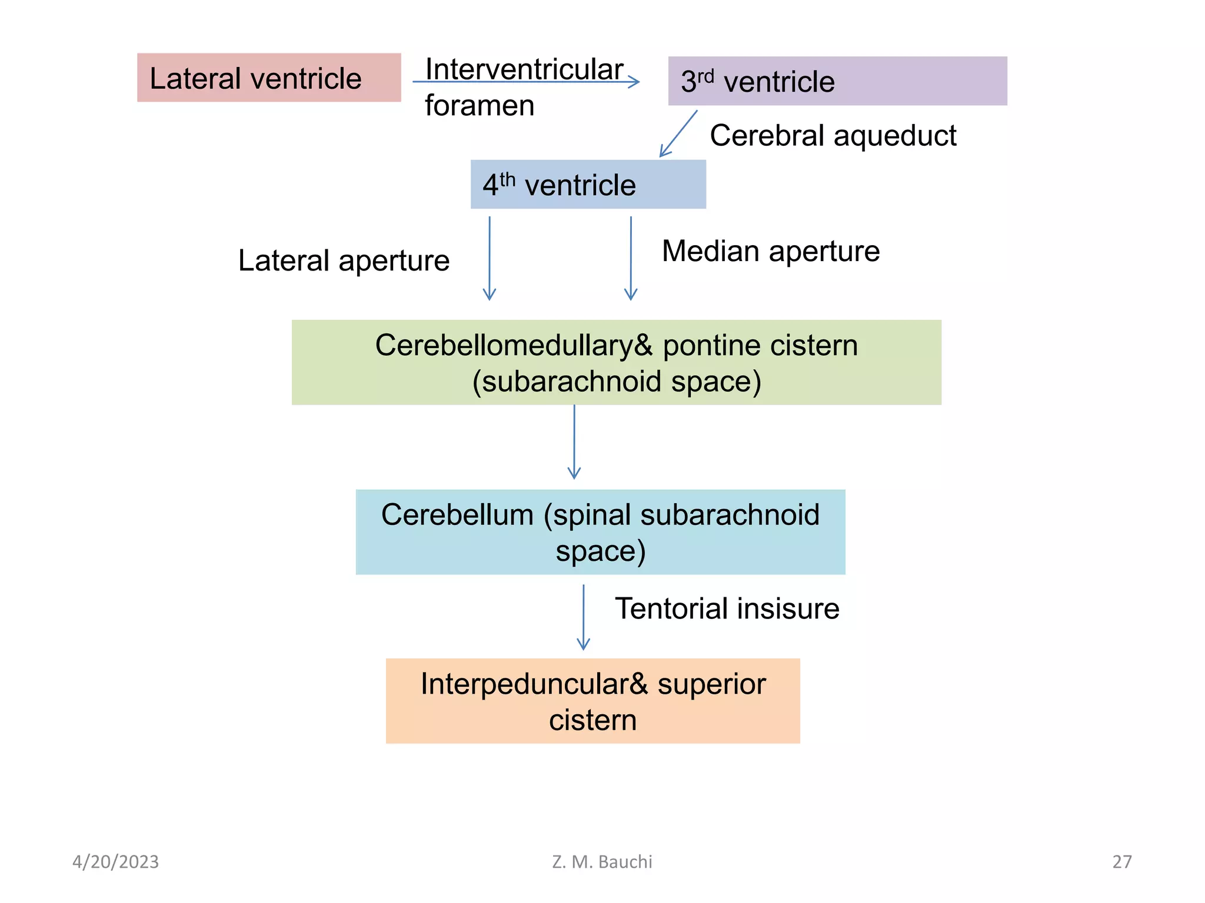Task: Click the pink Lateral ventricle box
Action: click(x=269, y=78)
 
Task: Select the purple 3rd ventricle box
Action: click(x=837, y=81)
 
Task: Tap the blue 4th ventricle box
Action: click(x=588, y=185)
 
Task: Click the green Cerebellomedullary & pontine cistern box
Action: click(x=616, y=363)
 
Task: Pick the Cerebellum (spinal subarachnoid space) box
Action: click(x=600, y=532)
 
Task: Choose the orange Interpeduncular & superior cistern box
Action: click(x=592, y=701)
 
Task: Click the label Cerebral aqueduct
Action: click(x=833, y=136)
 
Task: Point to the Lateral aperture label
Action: click(x=344, y=260)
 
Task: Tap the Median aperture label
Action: click(x=770, y=252)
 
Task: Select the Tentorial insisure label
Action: click(x=727, y=608)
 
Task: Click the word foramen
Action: click(x=480, y=106)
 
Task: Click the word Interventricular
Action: click(x=524, y=69)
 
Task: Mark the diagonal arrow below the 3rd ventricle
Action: click(x=678, y=133)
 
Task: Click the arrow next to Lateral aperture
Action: click(x=490, y=259)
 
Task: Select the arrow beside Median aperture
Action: click(x=631, y=259)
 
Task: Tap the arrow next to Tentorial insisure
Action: click(x=583, y=617)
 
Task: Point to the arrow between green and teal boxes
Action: click(x=574, y=442)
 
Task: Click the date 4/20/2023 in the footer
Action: click(x=115, y=862)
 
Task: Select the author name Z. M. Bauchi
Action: click(x=602, y=862)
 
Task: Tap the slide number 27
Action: click(x=1121, y=862)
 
